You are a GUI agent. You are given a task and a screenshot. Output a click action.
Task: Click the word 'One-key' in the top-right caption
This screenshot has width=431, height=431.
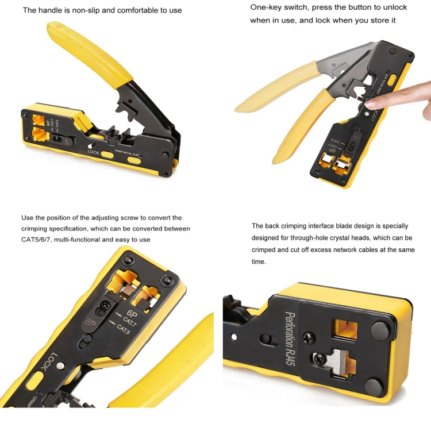[x=265, y=7]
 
